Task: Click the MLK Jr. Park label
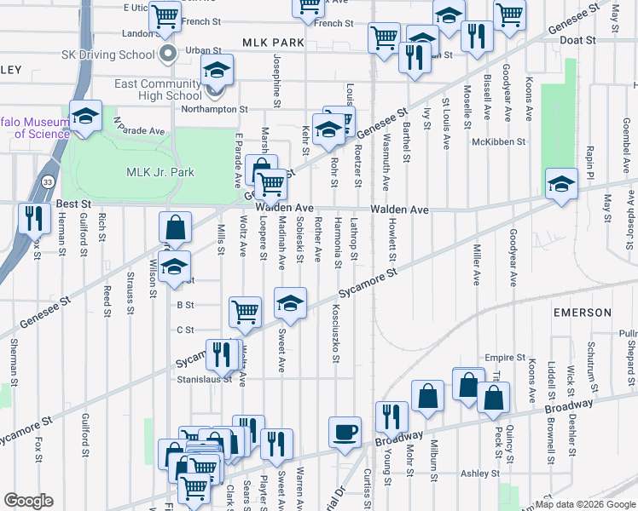tap(160, 172)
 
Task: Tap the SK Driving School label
tap(107, 55)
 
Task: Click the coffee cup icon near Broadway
tap(345, 431)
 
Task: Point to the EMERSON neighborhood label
tap(583, 313)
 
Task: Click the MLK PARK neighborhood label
tap(273, 42)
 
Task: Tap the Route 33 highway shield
tap(48, 182)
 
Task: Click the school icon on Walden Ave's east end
tap(561, 184)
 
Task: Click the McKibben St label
tap(499, 142)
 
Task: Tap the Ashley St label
tap(479, 474)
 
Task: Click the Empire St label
tap(502, 358)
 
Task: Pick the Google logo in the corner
tap(28, 501)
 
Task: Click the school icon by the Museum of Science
tap(85, 117)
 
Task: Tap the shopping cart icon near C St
tap(245, 312)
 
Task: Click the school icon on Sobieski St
tap(290, 302)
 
